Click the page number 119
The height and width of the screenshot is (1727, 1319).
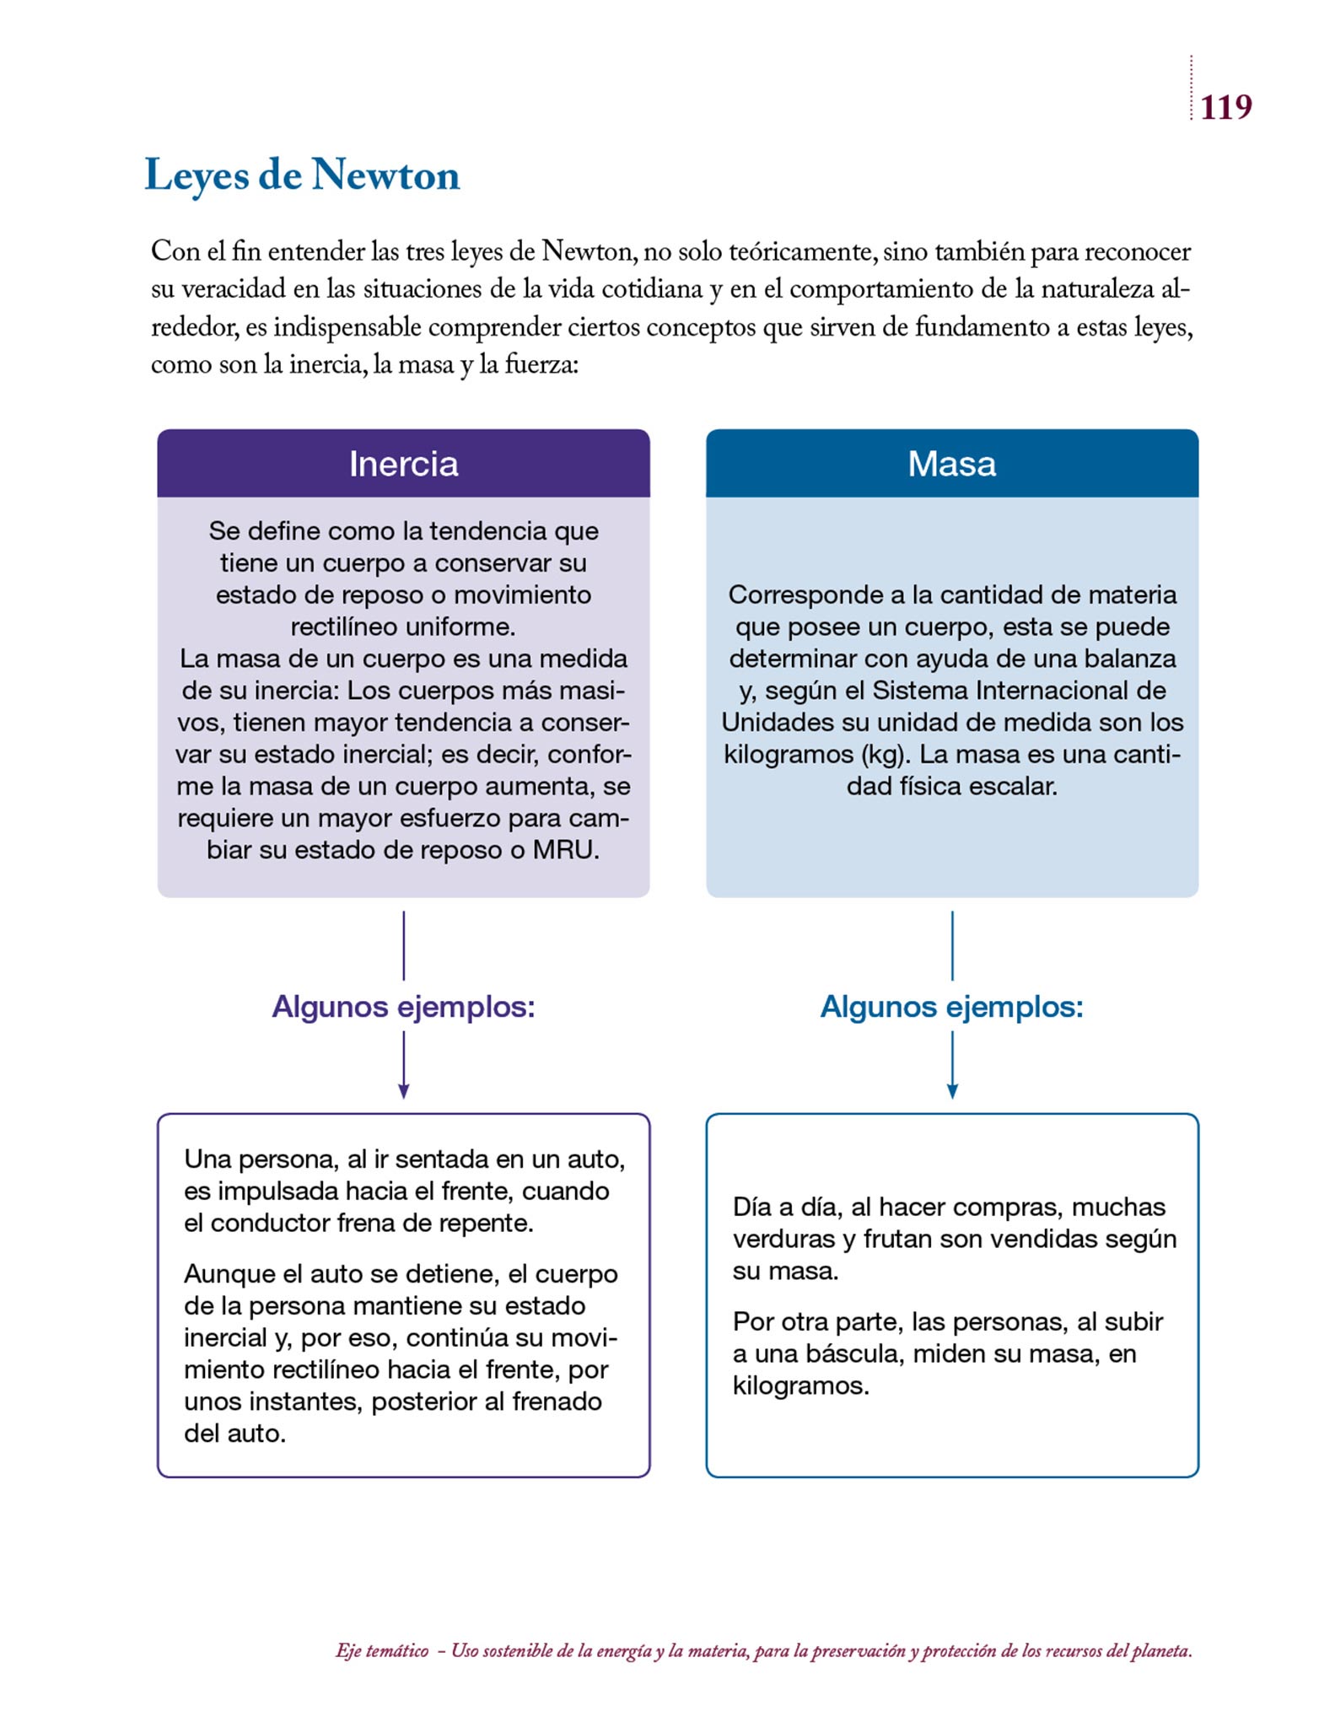1225,107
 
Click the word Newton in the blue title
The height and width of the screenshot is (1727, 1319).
385,175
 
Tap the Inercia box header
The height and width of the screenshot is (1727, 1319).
403,464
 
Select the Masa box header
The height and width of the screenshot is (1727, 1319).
951,464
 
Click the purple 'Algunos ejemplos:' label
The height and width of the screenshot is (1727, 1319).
403,1007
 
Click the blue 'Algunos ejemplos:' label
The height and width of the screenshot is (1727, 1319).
951,1007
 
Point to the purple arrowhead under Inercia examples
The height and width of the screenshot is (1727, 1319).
403,1092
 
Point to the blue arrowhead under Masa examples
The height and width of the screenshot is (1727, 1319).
952,1092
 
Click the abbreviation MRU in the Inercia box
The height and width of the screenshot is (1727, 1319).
565,850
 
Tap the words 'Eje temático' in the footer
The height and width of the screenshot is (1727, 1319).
381,1651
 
